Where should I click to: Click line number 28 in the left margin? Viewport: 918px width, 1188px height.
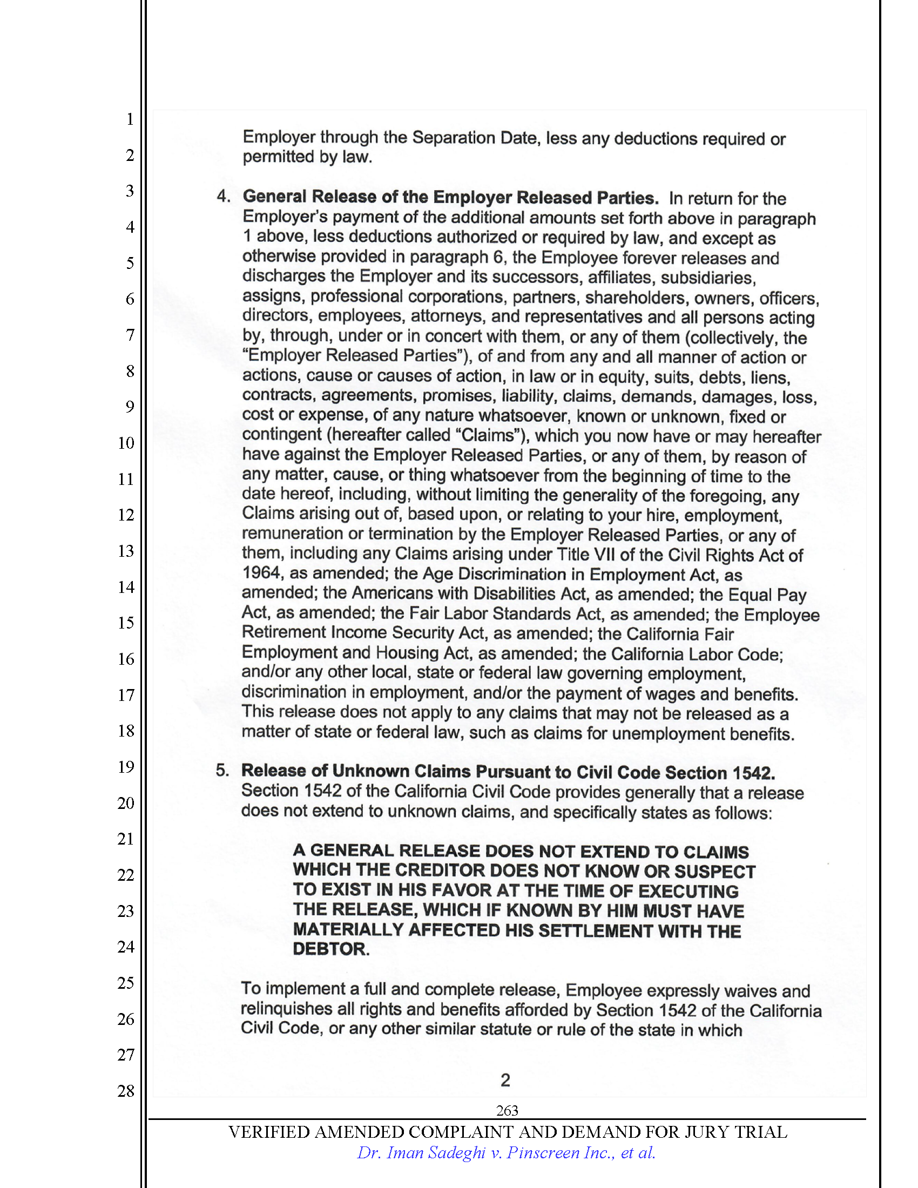click(x=126, y=1091)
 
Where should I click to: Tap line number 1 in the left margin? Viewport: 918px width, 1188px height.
click(x=130, y=119)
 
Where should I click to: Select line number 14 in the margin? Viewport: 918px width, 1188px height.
click(x=126, y=587)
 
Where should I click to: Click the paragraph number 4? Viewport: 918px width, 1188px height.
click(x=222, y=197)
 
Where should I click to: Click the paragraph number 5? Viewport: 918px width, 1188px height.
click(x=222, y=770)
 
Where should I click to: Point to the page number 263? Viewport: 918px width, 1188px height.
click(x=507, y=1110)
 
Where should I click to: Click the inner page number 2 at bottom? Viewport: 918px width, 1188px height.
click(x=505, y=1080)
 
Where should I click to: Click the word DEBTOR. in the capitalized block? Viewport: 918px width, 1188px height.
click(x=330, y=949)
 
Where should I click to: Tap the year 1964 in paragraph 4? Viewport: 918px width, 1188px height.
click(x=261, y=573)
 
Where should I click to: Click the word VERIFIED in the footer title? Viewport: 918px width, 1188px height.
click(x=269, y=1132)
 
